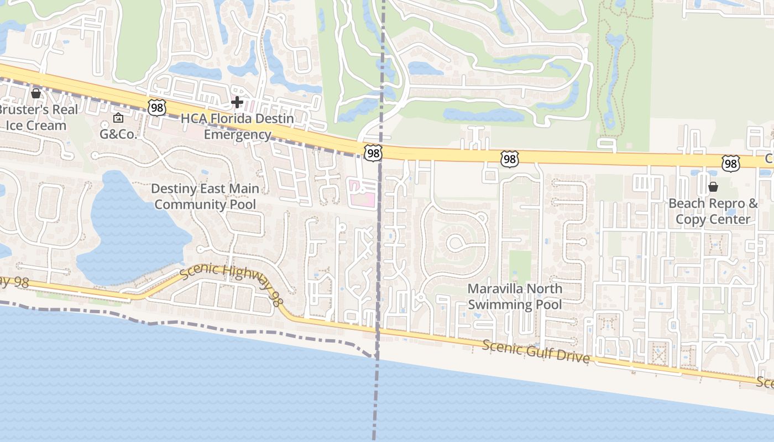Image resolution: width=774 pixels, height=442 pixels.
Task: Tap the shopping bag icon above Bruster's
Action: point(36,93)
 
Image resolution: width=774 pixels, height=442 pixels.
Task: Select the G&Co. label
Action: point(118,134)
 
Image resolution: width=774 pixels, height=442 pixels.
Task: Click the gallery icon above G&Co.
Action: point(118,118)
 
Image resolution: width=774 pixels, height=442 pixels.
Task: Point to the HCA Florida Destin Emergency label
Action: point(238,127)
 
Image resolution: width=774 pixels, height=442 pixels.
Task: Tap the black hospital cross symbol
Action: point(237,102)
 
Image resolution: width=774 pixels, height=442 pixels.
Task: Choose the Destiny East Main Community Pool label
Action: point(205,197)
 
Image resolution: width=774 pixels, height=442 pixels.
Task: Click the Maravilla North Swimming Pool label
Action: point(515,296)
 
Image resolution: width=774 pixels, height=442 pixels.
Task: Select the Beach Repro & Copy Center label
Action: point(713,211)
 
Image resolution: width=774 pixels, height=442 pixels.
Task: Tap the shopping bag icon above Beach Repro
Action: point(713,187)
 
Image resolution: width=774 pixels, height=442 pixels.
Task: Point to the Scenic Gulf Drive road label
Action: point(536,351)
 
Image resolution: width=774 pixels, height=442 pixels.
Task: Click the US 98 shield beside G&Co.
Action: point(157,107)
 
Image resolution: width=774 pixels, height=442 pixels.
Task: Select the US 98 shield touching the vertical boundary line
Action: point(373,153)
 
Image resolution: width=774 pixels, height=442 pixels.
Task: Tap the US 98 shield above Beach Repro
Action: point(731,163)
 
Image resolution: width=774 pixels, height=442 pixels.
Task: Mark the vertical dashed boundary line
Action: point(379,249)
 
